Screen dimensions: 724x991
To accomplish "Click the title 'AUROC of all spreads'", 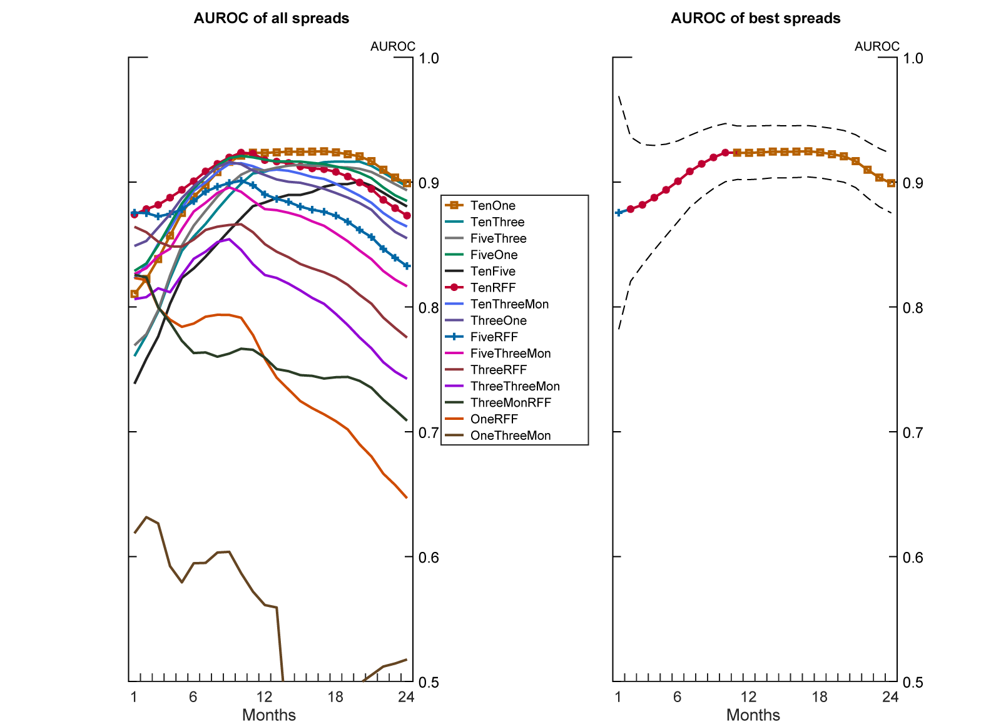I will point(272,18).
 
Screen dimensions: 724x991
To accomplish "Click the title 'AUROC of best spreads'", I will point(756,18).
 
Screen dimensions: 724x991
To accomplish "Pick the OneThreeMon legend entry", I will point(510,436).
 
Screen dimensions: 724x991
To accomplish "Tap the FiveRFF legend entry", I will point(494,337).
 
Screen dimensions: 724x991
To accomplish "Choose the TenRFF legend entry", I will point(492,287).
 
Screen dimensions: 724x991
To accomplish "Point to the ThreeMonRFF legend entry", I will point(511,402).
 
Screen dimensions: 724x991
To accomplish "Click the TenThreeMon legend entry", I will point(509,304).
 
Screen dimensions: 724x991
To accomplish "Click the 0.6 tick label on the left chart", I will point(429,557).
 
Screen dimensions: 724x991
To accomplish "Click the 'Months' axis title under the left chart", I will point(269,715).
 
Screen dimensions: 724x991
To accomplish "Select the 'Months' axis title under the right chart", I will point(753,715).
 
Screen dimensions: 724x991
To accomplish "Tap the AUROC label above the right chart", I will point(877,46).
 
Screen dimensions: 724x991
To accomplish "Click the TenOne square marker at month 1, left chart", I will point(135,293).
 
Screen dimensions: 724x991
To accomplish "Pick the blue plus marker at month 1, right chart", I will point(619,213).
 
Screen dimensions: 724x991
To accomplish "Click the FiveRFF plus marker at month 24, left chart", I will point(407,266).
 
